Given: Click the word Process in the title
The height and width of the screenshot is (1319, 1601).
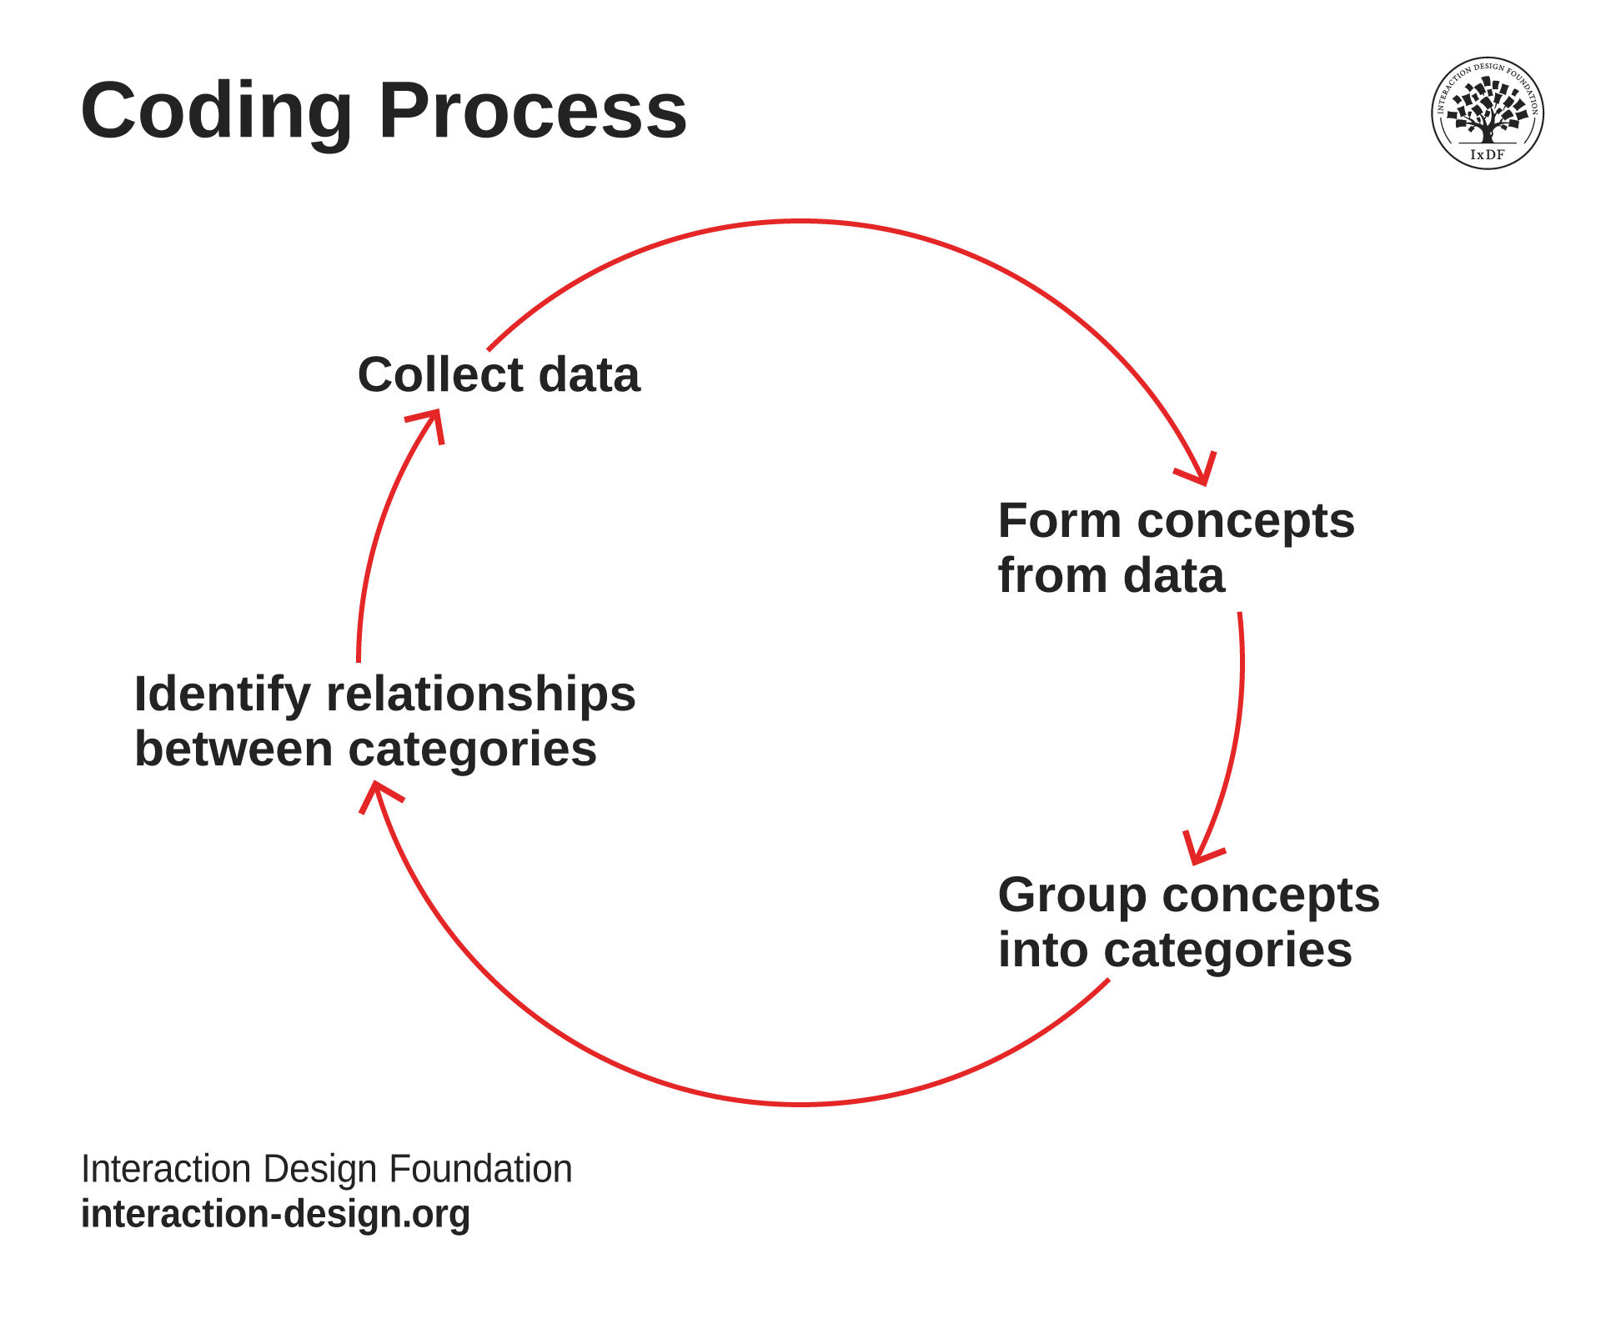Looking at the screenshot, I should [532, 111].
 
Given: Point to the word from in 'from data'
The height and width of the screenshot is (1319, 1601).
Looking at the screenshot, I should [1045, 575].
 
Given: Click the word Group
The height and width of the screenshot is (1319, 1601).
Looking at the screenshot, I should [1072, 895].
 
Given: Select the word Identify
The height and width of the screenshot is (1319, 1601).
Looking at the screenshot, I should [222, 695].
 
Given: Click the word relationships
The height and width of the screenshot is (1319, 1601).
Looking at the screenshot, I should [480, 695].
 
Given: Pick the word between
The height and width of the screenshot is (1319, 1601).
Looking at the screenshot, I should [233, 749].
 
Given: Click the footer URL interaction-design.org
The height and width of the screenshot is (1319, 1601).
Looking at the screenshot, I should [275, 1214].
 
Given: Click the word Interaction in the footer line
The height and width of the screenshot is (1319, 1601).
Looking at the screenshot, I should [165, 1169].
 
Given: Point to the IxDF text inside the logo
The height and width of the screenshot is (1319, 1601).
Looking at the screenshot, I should [1487, 154].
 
